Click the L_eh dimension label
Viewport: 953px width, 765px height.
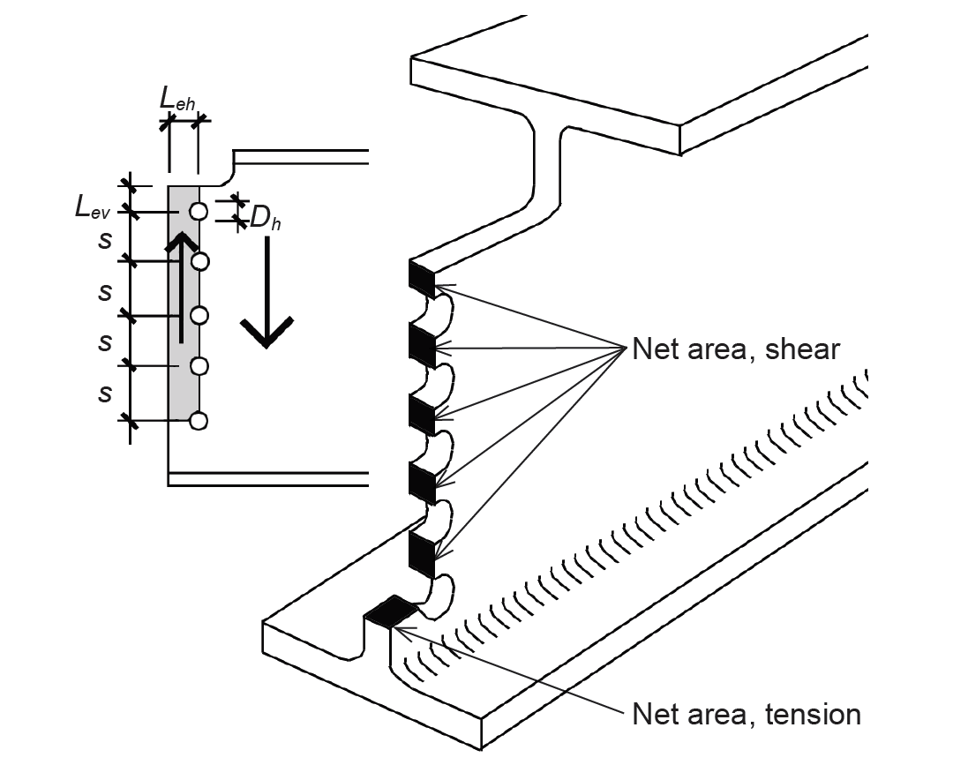(177, 99)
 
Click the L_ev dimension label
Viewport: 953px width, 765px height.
(93, 208)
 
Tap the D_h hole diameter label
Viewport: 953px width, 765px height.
(266, 218)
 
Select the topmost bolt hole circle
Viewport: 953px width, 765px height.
(199, 211)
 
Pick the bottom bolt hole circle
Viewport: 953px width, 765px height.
(199, 421)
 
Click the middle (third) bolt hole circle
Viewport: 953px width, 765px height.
(199, 315)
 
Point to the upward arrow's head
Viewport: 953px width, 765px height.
(181, 242)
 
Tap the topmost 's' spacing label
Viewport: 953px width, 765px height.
(105, 240)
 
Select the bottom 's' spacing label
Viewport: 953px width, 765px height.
(105, 394)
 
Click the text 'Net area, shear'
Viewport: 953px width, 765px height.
(736, 349)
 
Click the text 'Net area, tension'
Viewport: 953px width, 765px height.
(747, 714)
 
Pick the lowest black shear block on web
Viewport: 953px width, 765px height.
(422, 554)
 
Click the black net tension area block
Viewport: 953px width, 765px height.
(390, 611)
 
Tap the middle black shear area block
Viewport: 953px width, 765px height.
(422, 415)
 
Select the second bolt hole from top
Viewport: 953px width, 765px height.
(200, 262)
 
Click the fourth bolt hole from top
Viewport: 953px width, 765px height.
(199, 366)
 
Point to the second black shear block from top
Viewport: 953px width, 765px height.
(422, 346)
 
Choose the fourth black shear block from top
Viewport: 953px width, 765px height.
(422, 483)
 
